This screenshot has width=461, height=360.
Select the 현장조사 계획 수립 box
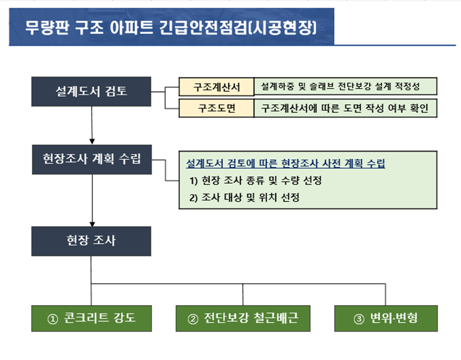coord(91,159)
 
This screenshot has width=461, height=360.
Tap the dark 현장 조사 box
coord(91,240)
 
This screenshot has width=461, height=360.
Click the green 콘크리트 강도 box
coord(91,318)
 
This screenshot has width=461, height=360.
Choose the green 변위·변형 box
coord(385,318)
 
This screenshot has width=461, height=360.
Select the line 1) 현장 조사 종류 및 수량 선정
coord(255,181)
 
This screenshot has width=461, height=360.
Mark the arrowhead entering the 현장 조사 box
coord(91,223)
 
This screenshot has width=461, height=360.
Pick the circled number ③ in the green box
coord(359,319)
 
